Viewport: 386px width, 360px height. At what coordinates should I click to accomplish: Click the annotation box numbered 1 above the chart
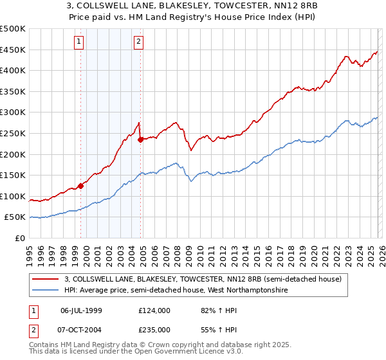tap(78, 42)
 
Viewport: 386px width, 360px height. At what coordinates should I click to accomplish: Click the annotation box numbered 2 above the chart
tap(138, 42)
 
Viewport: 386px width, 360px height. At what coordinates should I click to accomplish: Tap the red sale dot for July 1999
tap(80, 186)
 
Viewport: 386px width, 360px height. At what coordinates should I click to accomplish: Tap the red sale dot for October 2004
tap(140, 139)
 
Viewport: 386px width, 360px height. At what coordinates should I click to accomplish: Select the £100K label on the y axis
tap(13, 196)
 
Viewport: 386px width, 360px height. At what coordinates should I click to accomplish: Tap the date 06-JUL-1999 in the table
tap(80, 310)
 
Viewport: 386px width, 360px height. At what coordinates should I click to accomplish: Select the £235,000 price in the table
tap(154, 329)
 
